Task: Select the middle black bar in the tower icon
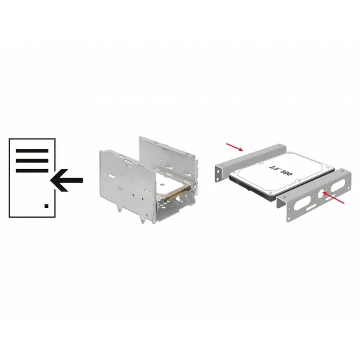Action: tap(32, 161)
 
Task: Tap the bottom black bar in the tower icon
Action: tap(32, 171)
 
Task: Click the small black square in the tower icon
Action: tap(46, 206)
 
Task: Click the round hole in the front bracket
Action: tap(322, 194)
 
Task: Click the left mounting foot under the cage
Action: tap(119, 207)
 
